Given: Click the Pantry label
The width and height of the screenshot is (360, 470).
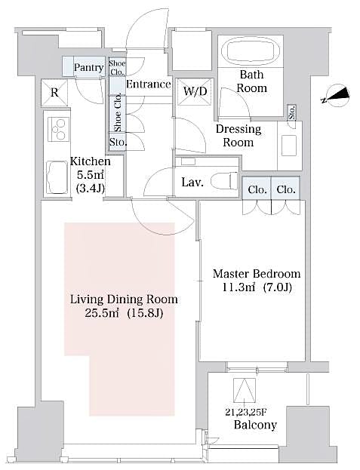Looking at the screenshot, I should (88, 68).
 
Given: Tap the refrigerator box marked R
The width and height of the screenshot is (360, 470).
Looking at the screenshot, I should (54, 94).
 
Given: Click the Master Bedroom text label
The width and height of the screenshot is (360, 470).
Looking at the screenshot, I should (256, 273).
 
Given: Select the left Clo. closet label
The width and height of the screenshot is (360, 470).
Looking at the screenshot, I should (257, 189).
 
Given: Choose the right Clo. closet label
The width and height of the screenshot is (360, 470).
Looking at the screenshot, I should (285, 189).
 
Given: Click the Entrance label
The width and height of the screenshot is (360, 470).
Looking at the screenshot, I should (148, 84).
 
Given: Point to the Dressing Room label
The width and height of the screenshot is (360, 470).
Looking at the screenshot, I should (238, 135).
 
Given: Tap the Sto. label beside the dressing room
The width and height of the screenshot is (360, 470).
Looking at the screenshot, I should (292, 112).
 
